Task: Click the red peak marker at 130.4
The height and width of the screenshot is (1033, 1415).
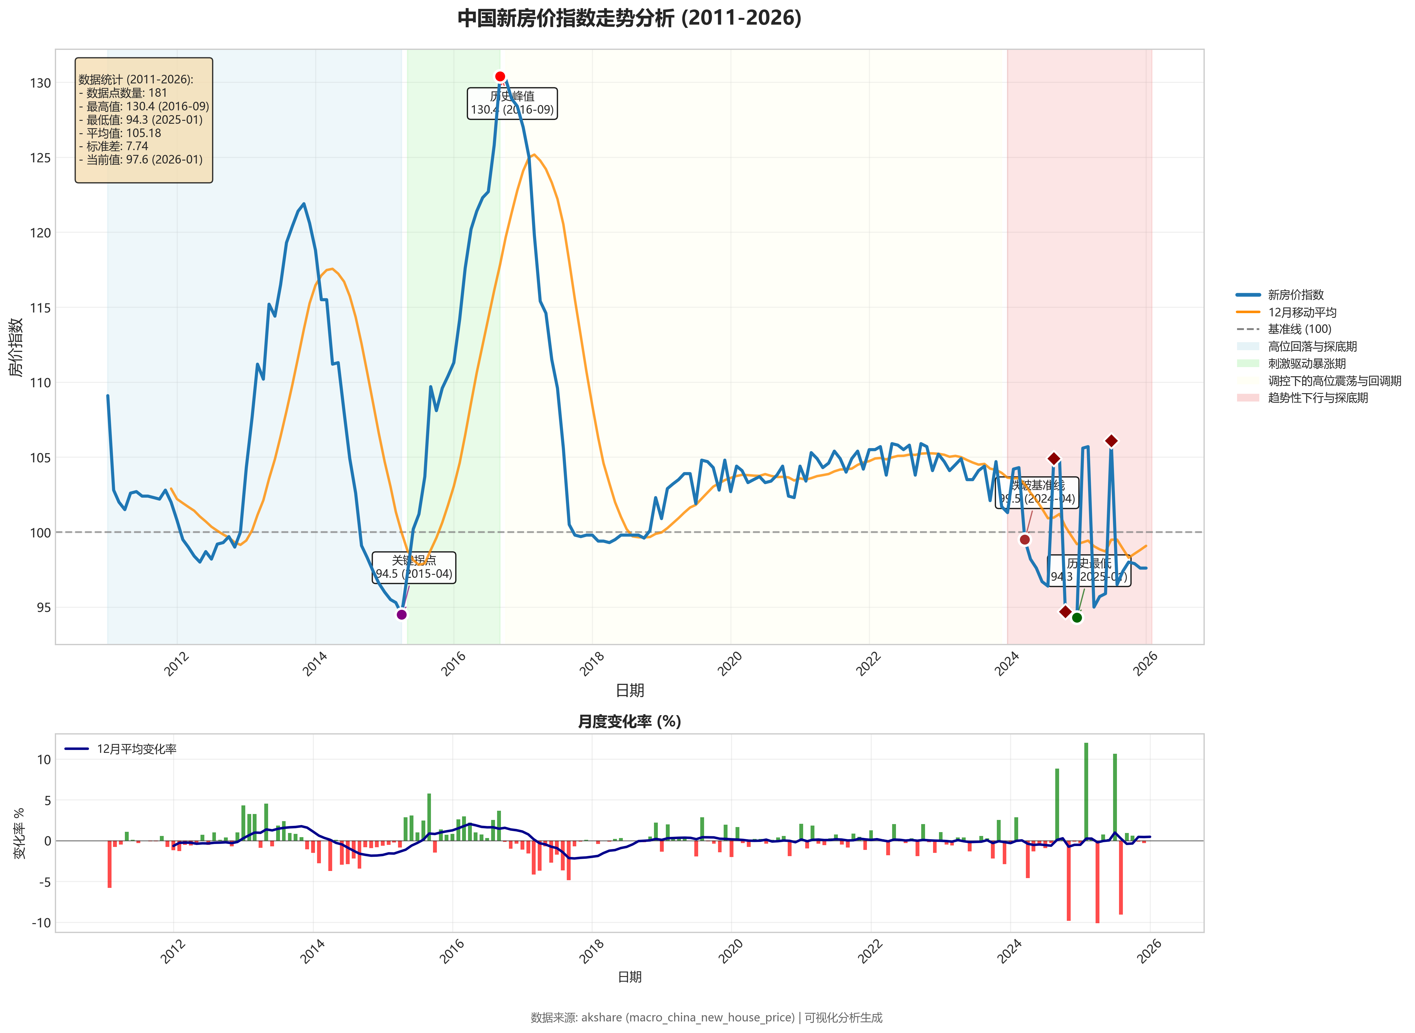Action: coord(500,76)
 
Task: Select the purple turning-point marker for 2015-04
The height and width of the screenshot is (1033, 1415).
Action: coord(402,615)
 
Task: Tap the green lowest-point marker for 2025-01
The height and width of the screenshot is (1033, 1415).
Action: coord(1077,618)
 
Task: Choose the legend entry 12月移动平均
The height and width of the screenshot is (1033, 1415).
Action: coord(1302,312)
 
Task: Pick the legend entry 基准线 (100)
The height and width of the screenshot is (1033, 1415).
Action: coord(1299,329)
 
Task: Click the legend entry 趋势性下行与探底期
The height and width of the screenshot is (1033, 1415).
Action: coord(1317,398)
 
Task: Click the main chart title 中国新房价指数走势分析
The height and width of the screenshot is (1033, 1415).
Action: coord(629,18)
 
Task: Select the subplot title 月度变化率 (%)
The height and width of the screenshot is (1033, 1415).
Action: coord(629,722)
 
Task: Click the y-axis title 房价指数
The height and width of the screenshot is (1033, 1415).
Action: coord(16,347)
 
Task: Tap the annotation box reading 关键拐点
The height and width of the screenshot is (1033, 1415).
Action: coord(414,567)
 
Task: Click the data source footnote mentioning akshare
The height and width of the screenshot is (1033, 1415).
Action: coord(706,1017)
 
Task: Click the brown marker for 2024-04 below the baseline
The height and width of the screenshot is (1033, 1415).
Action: coord(1024,539)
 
